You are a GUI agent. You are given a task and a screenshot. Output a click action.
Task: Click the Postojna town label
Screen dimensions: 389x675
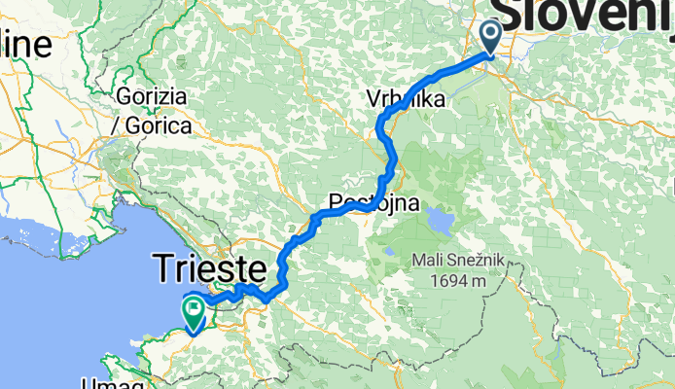[375, 203]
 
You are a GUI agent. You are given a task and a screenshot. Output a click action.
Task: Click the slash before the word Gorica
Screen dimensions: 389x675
[118, 126]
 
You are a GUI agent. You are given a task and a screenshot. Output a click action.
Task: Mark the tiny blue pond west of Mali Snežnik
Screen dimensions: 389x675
[388, 252]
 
